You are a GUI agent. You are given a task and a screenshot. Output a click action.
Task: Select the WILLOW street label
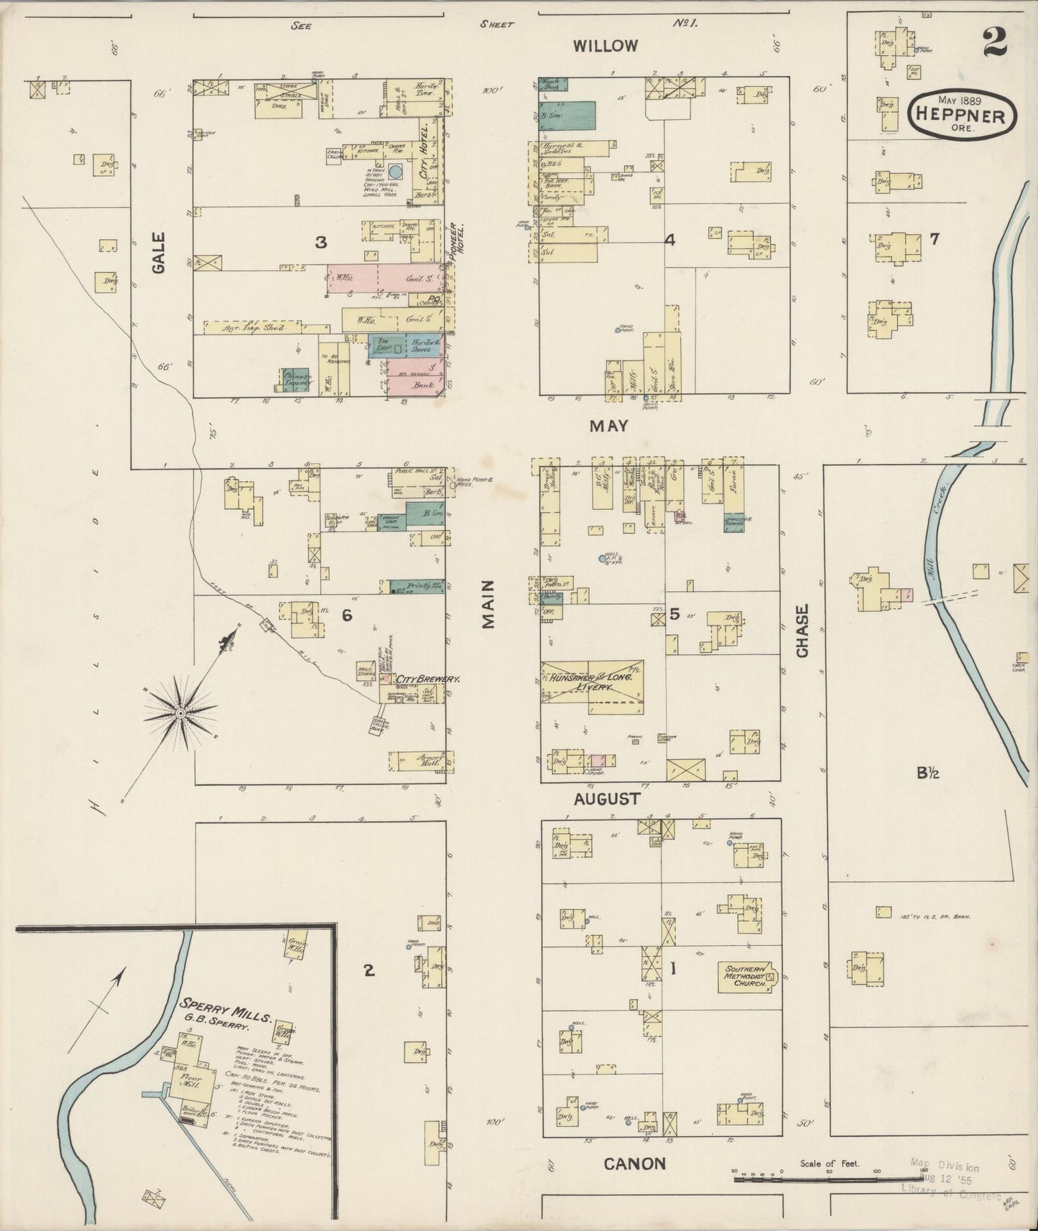click(605, 46)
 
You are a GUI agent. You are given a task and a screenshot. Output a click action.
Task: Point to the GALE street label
click(159, 252)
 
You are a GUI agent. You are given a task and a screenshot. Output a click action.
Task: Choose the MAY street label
click(608, 426)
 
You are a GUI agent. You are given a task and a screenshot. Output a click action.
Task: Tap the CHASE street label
click(802, 630)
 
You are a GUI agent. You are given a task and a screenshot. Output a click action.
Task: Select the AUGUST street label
click(606, 799)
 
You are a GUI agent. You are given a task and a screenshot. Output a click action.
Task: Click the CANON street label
click(634, 1163)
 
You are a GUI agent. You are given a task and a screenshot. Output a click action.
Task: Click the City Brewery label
click(428, 678)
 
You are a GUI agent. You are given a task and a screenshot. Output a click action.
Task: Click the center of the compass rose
click(181, 712)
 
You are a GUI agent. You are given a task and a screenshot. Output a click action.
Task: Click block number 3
click(320, 243)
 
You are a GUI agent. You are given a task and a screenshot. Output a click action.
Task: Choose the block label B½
click(928, 773)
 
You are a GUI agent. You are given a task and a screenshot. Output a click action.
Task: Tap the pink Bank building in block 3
click(415, 381)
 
